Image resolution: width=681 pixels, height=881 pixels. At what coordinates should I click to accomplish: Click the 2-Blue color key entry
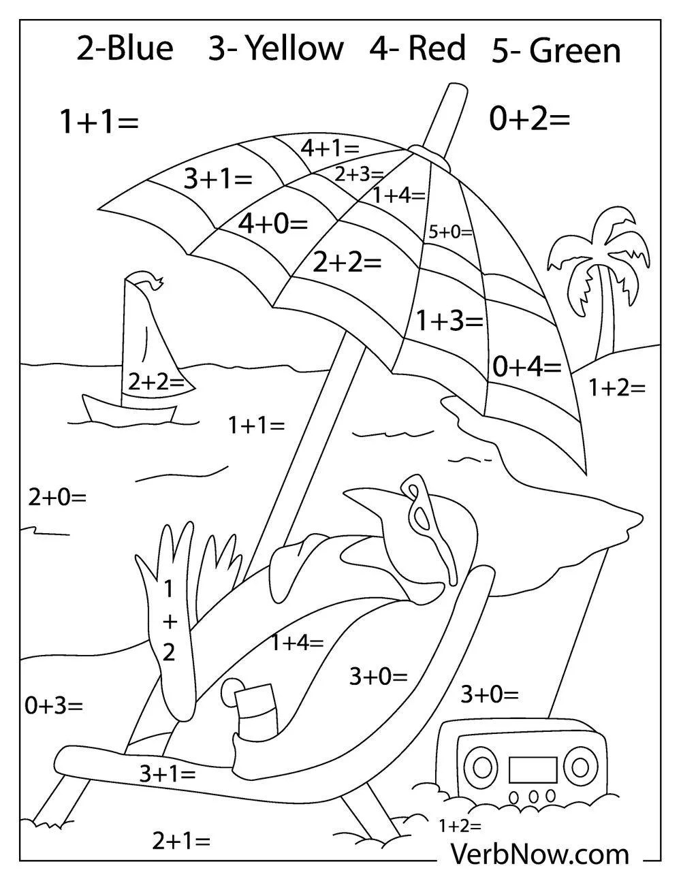tap(125, 50)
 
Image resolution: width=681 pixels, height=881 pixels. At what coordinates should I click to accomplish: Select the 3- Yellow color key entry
tap(276, 50)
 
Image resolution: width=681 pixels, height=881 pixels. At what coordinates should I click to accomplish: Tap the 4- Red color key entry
tap(418, 49)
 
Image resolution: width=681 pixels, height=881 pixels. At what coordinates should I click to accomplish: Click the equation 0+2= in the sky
tap(529, 120)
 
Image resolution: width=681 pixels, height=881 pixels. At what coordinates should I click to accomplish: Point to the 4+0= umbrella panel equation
tap(272, 223)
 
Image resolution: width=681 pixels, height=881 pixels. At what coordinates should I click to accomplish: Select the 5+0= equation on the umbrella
tap(450, 231)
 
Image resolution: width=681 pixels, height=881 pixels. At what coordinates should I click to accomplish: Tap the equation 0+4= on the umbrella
tap(526, 367)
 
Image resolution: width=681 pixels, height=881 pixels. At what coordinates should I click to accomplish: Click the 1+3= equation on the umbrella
tap(449, 320)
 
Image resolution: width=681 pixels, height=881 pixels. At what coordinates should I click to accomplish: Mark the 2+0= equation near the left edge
tap(57, 497)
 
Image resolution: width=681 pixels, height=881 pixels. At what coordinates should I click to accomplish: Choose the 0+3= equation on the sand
tap(54, 705)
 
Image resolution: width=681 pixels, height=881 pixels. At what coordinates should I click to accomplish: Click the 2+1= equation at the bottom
tap(180, 842)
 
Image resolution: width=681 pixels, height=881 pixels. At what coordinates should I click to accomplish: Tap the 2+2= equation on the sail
tap(156, 383)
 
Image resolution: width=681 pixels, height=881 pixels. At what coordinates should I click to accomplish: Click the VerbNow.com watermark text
tap(539, 853)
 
